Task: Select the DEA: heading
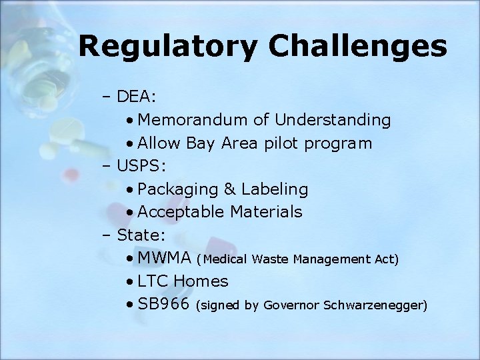point(137,97)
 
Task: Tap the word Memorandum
point(194,120)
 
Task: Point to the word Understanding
point(333,120)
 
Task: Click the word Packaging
point(178,190)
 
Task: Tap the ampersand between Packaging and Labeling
point(230,189)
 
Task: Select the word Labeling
point(275,190)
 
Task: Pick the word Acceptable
point(181,213)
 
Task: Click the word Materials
point(267,212)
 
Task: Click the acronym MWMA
point(165,258)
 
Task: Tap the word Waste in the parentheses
point(272,259)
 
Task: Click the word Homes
point(202,281)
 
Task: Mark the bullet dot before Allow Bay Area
point(129,144)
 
